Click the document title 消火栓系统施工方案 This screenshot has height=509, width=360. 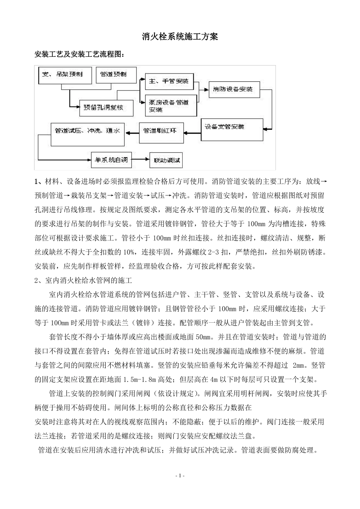pyautogui.click(x=180, y=37)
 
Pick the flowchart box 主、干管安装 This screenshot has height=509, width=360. pyautogui.click(x=169, y=81)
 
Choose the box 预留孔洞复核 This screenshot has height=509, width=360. pyautogui.click(x=106, y=108)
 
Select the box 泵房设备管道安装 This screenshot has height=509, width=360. pyautogui.click(x=171, y=106)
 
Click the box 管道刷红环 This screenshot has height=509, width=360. pyautogui.click(x=161, y=132)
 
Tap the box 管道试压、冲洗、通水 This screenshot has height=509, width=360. pyautogui.click(x=88, y=134)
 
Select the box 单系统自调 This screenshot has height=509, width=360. pyautogui.click(x=111, y=160)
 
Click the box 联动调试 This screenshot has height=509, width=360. pyautogui.click(x=166, y=161)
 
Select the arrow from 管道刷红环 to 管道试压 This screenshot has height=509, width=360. pyautogui.click(x=132, y=132)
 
